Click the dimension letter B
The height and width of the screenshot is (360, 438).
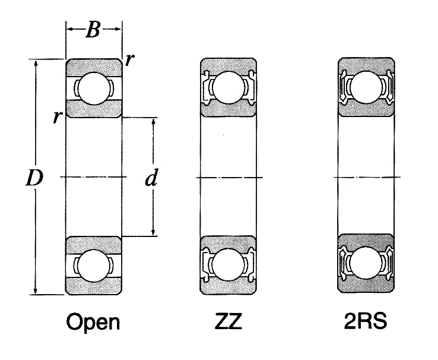click(93, 29)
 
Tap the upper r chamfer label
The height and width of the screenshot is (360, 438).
click(129, 60)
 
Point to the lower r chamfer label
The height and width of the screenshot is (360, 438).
click(56, 116)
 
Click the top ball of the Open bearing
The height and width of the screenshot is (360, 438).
click(94, 87)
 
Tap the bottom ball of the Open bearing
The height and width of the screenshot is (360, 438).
click(94, 265)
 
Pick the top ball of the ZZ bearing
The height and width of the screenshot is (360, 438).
click(228, 87)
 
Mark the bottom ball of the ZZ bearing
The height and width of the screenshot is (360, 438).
click(228, 265)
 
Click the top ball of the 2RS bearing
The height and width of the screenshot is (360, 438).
click(365, 87)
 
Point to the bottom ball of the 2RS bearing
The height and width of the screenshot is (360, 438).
click(365, 265)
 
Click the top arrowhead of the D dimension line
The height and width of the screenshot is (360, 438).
click(36, 62)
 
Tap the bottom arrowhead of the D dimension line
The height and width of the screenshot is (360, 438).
click(36, 290)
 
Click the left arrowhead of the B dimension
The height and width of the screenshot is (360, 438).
click(69, 29)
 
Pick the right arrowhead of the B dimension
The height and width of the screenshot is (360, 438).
click(119, 29)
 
